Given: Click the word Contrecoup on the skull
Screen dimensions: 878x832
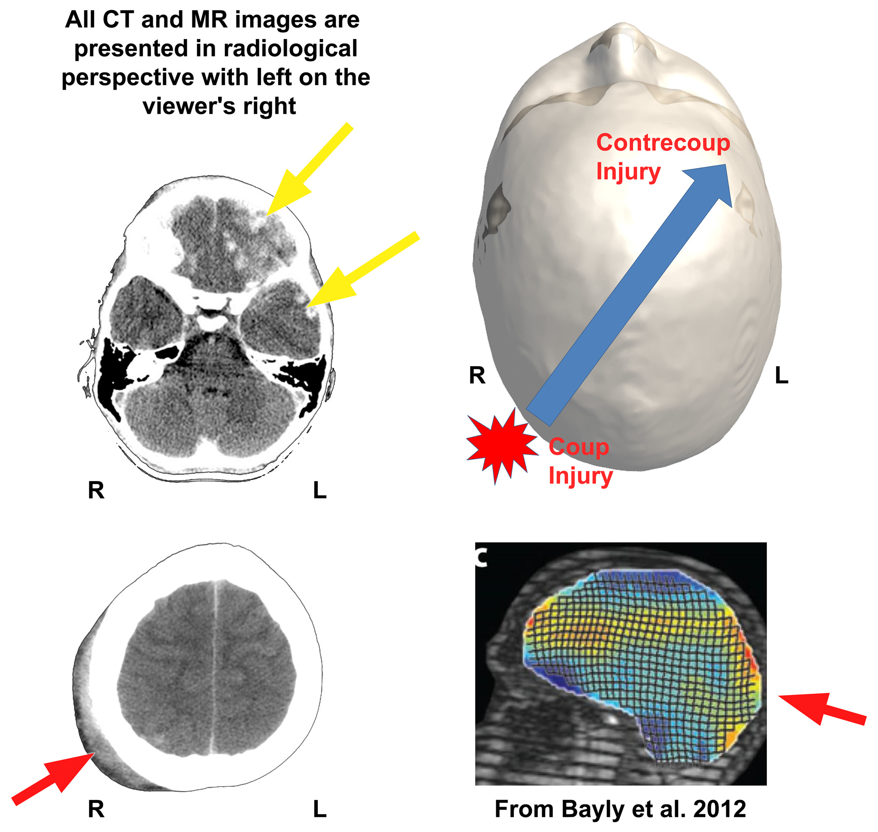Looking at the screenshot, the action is (662, 143).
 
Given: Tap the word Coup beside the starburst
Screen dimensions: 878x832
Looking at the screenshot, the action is (578, 447).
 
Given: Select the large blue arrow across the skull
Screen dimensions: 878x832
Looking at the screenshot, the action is (629, 293).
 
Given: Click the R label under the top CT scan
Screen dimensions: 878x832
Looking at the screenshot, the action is (96, 490).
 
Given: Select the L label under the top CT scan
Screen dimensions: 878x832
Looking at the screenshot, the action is (320, 490).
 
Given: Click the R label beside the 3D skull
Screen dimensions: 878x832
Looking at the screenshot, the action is (477, 376).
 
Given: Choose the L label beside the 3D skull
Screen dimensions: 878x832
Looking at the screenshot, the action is (781, 376).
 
